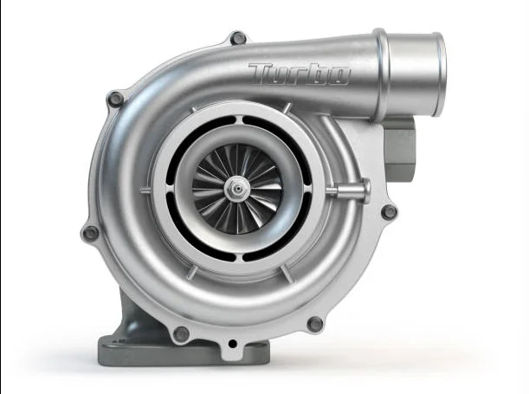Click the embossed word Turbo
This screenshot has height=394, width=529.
299,74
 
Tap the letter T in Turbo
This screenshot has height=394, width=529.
261,72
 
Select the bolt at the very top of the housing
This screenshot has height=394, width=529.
238,37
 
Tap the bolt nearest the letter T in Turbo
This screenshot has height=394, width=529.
238,37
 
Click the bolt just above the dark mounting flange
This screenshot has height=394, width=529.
181,333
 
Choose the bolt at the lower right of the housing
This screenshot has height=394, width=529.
315,324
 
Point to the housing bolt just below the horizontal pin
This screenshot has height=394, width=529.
390,212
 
